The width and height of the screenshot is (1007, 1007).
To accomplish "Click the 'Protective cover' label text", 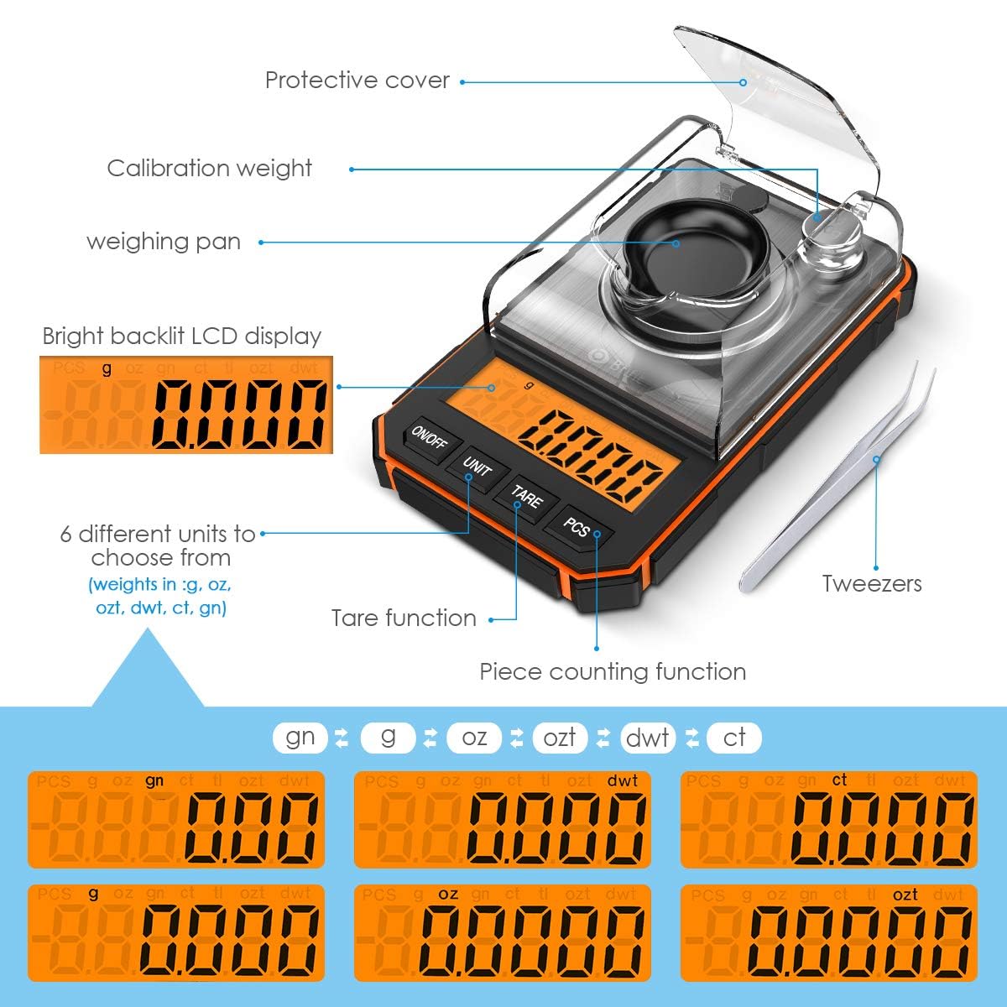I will (357, 81).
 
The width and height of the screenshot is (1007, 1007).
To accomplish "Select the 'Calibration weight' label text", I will (210, 168).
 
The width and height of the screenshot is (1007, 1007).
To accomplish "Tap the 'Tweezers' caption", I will (871, 583).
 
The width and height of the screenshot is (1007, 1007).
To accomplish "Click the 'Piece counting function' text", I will (613, 671).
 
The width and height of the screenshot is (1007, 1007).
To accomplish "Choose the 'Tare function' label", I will (404, 618).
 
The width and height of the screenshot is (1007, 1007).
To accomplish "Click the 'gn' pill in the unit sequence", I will (300, 738).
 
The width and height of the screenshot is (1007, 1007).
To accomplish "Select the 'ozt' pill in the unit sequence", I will (560, 738).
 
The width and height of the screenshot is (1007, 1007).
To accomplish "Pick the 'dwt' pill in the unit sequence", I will (648, 738).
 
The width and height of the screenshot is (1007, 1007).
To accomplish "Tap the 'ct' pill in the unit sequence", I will (734, 738).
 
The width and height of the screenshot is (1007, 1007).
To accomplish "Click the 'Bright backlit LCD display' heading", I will (182, 337).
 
